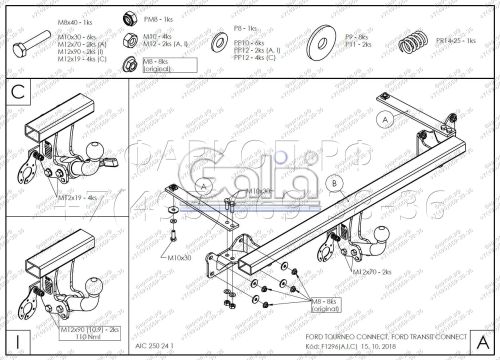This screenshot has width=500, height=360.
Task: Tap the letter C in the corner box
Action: pos(16,93)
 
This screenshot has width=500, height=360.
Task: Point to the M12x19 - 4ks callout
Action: pos(78,198)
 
